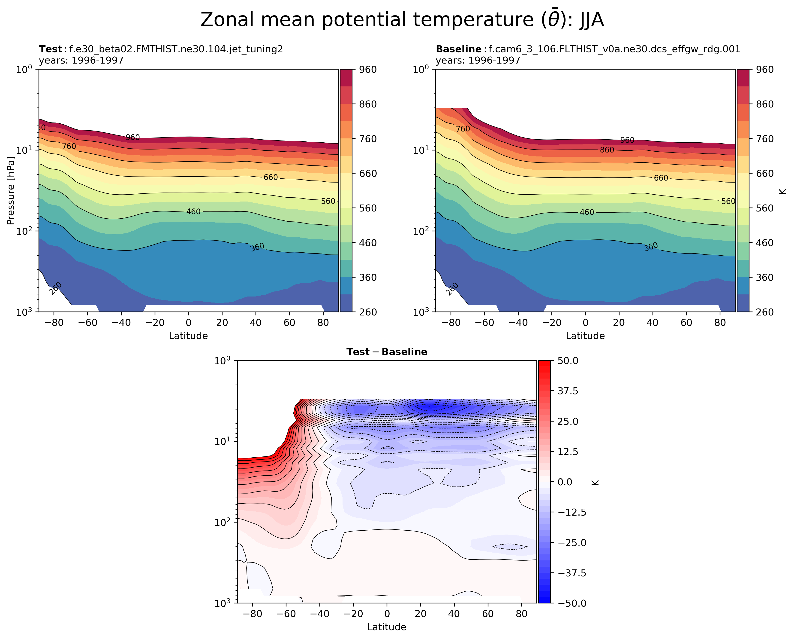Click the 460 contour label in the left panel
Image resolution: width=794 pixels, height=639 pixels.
point(193,212)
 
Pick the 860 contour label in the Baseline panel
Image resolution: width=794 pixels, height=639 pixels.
point(607,150)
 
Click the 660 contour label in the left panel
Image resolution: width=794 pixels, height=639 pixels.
point(271,177)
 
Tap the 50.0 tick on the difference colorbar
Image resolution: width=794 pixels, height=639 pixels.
point(568,361)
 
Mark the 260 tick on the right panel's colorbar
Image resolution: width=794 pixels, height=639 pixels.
point(764,312)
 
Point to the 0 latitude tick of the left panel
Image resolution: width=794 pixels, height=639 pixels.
point(189,323)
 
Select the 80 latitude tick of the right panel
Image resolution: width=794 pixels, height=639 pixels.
point(720,323)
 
